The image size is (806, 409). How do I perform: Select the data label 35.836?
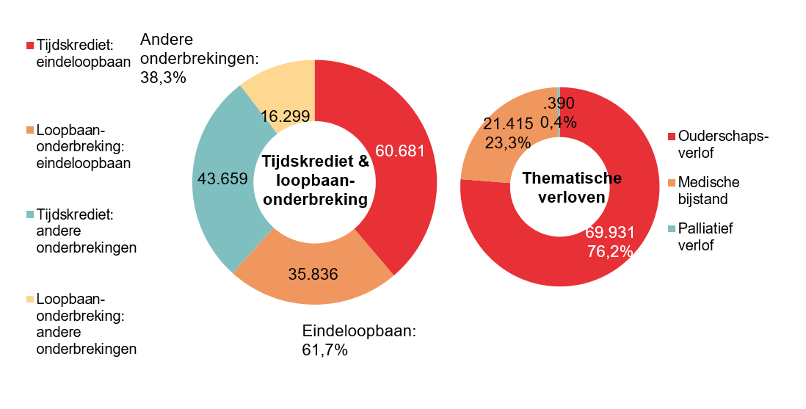pyautogui.click(x=313, y=275)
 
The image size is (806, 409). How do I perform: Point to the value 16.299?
pyautogui.click(x=285, y=115)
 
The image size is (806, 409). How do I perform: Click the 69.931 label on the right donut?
pyautogui.click(x=610, y=233)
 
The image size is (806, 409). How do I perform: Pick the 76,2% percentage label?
pyautogui.click(x=610, y=250)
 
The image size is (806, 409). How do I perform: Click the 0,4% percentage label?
pyautogui.click(x=558, y=122)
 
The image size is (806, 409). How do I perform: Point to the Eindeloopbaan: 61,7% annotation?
pyautogui.click(x=359, y=340)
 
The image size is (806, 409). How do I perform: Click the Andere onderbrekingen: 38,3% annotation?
pyautogui.click(x=199, y=57)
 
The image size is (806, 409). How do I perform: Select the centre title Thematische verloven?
pyautogui.click(x=572, y=187)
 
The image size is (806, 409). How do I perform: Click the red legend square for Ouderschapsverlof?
pyautogui.click(x=671, y=137)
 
